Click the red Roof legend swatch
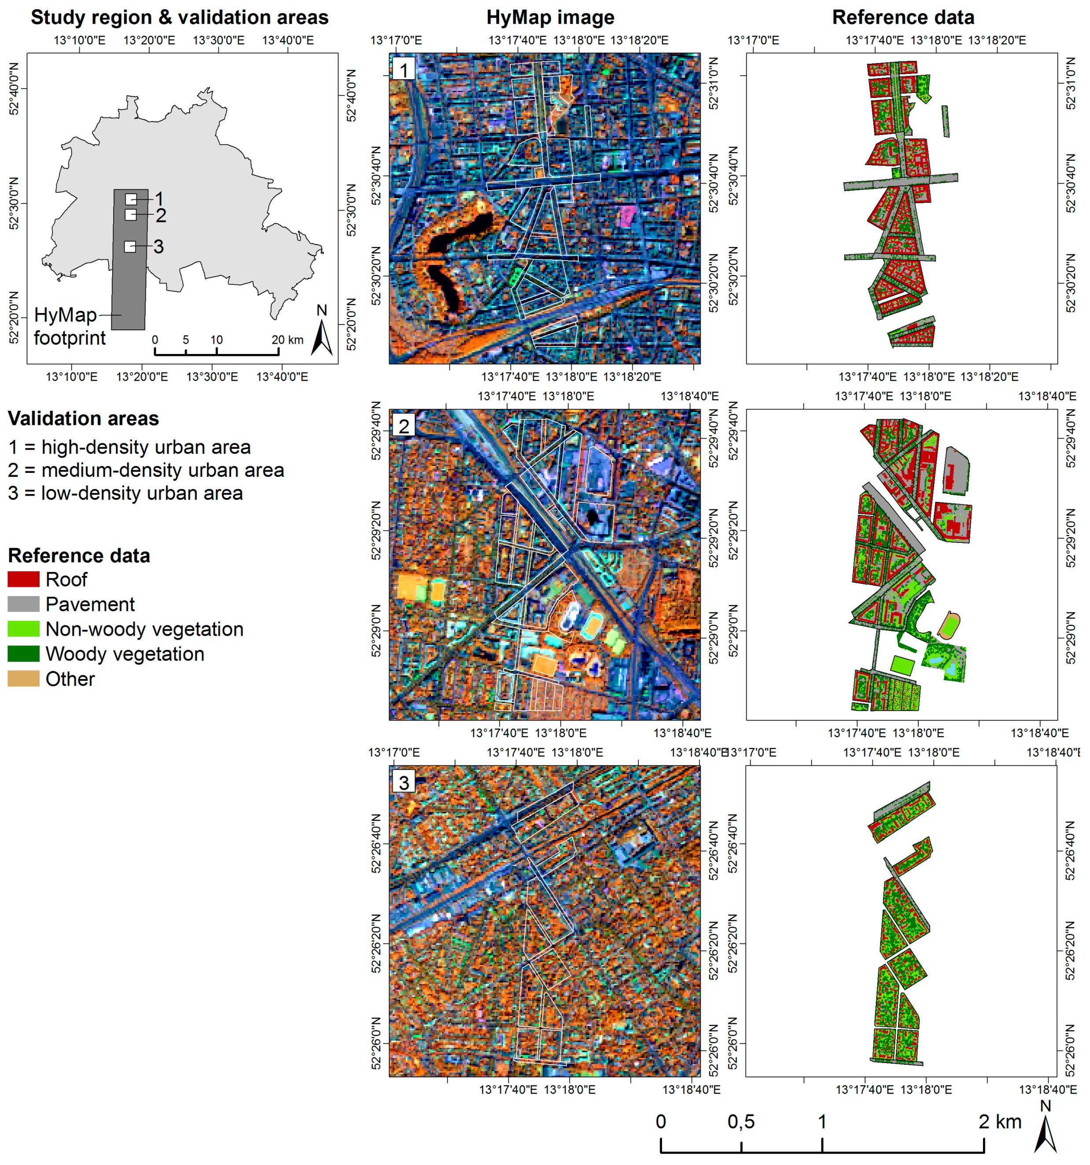coord(23,579)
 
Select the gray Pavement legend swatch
coord(23,604)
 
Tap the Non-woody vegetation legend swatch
coord(23,629)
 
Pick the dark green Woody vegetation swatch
coord(23,653)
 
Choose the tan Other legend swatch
coord(23,678)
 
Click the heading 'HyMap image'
coord(550,18)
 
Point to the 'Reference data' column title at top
coord(902,18)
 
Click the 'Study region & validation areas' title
coord(179,18)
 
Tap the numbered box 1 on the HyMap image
coord(403,70)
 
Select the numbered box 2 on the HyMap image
coord(403,426)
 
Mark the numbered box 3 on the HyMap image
coord(403,782)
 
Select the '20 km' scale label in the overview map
coord(287,340)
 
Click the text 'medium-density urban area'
coord(162,470)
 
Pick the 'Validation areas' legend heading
coord(83,418)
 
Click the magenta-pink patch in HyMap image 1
coord(626,216)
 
